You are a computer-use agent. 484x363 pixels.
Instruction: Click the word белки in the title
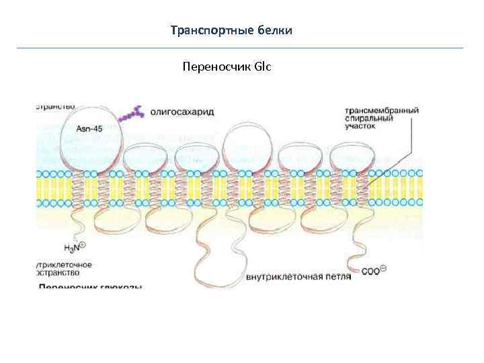click(275, 31)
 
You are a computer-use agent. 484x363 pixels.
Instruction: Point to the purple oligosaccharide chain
click(131, 114)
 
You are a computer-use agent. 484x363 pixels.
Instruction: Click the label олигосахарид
click(182, 112)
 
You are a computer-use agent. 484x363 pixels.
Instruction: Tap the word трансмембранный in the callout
click(381, 110)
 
